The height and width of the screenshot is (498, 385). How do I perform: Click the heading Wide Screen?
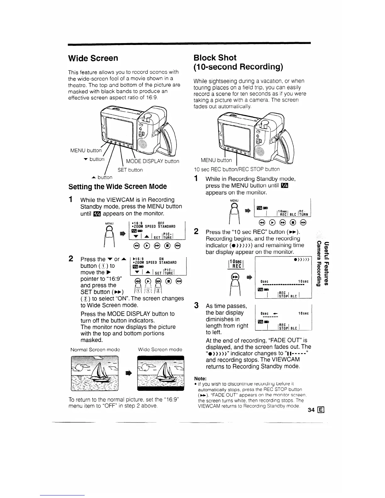(x=93, y=58)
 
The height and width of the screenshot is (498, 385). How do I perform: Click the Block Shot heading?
(x=215, y=58)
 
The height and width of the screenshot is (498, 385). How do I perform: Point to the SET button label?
(x=130, y=170)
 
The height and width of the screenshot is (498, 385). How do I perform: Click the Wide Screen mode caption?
(x=160, y=349)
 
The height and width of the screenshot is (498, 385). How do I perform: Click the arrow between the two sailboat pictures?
(x=128, y=373)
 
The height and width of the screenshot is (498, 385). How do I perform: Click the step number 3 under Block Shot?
(x=196, y=305)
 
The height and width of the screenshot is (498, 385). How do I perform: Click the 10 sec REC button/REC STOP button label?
(x=236, y=169)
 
